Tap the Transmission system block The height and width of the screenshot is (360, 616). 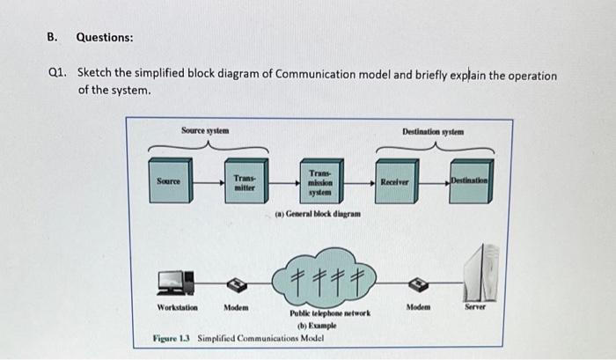320,183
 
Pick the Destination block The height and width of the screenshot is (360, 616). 472,180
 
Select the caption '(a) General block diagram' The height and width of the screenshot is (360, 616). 316,214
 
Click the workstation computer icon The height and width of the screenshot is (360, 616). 173,282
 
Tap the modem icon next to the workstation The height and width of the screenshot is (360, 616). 235,284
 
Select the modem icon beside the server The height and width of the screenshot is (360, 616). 419,284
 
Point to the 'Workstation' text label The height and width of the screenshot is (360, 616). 177,308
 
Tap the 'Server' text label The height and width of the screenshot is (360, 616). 480,307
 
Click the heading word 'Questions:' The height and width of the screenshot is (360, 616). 105,38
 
